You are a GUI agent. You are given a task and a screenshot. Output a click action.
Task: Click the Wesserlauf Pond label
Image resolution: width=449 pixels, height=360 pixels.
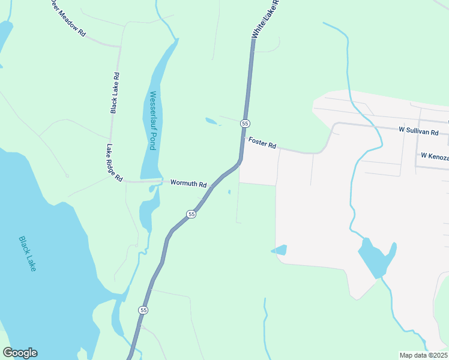tap(152, 120)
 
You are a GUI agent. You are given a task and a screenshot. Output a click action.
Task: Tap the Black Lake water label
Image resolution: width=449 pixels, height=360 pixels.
tap(28, 253)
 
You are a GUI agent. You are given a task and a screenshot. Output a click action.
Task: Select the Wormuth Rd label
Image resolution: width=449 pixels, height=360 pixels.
tap(188, 184)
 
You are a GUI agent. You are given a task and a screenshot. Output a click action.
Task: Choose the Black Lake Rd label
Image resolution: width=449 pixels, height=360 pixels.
tap(115, 93)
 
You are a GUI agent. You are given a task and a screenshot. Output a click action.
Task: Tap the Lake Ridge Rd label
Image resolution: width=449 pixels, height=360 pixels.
tap(114, 163)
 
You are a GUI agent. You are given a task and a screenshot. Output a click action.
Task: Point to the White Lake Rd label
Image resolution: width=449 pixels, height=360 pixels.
tap(266, 19)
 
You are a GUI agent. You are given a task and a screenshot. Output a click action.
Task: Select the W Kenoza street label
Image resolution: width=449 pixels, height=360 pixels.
tap(435, 155)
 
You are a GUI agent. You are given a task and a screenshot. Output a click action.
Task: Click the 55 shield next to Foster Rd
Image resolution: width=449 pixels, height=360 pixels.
tap(245, 123)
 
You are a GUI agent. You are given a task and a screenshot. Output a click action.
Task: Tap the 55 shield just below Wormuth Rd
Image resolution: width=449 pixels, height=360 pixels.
tap(191, 214)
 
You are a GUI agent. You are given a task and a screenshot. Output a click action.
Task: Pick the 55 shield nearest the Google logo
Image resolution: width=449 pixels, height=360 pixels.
tap(142, 310)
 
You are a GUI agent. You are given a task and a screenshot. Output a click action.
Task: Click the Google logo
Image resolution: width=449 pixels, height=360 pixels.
tap(20, 353)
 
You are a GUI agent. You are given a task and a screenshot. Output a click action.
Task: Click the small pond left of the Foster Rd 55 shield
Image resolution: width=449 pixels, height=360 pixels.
tap(211, 121)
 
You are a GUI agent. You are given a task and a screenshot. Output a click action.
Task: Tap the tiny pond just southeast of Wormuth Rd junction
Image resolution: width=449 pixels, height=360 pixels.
tap(229, 193)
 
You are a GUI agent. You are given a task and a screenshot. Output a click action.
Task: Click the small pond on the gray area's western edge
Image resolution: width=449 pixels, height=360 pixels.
tap(279, 250)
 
